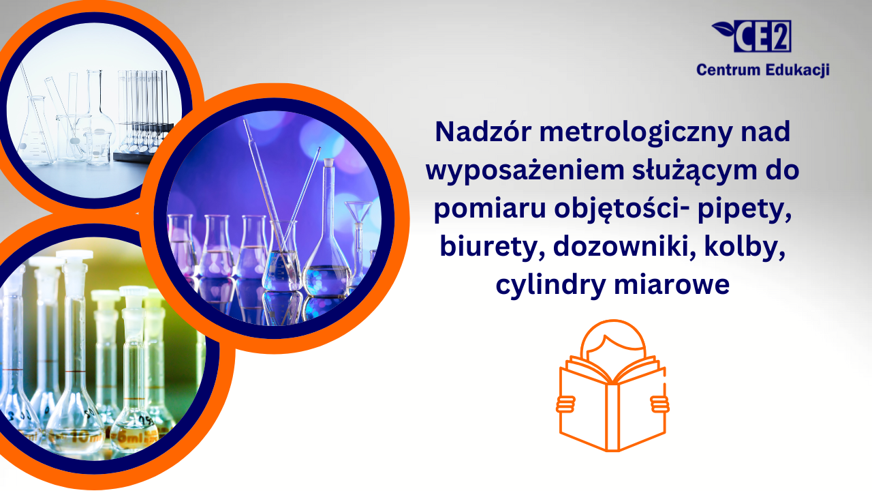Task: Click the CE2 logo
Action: coord(751,36)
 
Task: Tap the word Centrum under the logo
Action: coord(728,70)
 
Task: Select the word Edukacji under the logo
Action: coord(797,70)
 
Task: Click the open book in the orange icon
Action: coord(612,405)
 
